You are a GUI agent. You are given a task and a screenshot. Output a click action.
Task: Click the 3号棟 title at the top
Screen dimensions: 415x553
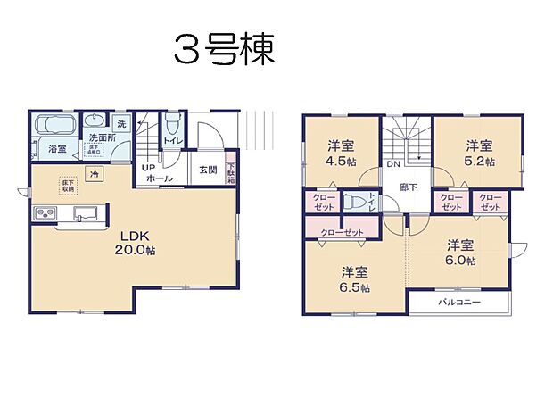(224, 50)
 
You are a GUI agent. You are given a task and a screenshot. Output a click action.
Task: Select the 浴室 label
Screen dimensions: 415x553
(58, 148)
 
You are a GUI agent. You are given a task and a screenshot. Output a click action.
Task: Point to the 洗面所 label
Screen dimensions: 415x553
(103, 138)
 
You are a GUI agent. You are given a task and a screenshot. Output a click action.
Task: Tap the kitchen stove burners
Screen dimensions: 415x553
(45, 214)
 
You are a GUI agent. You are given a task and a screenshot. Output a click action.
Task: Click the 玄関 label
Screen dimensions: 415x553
(207, 170)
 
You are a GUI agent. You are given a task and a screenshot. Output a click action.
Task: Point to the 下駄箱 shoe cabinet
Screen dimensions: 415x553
(230, 172)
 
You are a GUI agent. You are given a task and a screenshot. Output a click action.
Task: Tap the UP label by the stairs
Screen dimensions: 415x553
(149, 168)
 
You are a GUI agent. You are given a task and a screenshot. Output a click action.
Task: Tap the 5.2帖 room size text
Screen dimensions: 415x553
(479, 162)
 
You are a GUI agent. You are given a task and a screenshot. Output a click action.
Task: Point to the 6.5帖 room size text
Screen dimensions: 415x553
(354, 287)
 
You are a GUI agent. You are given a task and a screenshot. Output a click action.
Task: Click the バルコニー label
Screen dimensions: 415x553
(458, 303)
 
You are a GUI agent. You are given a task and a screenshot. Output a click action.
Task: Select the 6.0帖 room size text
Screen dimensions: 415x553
(459, 260)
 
